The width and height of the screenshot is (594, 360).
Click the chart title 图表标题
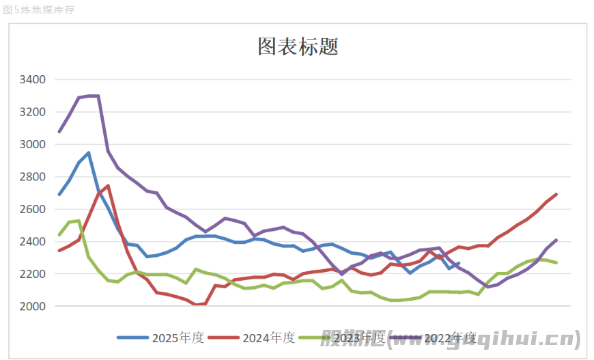pyautogui.click(x=298, y=47)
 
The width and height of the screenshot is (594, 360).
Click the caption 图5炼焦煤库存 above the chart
pyautogui.click(x=38, y=10)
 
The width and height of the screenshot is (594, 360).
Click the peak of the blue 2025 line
pyautogui.click(x=89, y=153)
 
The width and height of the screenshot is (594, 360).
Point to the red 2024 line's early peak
pyautogui.click(x=108, y=186)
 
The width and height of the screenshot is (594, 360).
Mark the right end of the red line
pyautogui.click(x=556, y=195)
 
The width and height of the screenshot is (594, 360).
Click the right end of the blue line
pyautogui.click(x=459, y=263)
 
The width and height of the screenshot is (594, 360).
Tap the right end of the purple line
pyautogui.click(x=556, y=240)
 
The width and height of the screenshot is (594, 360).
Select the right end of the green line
pyautogui.click(x=556, y=263)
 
